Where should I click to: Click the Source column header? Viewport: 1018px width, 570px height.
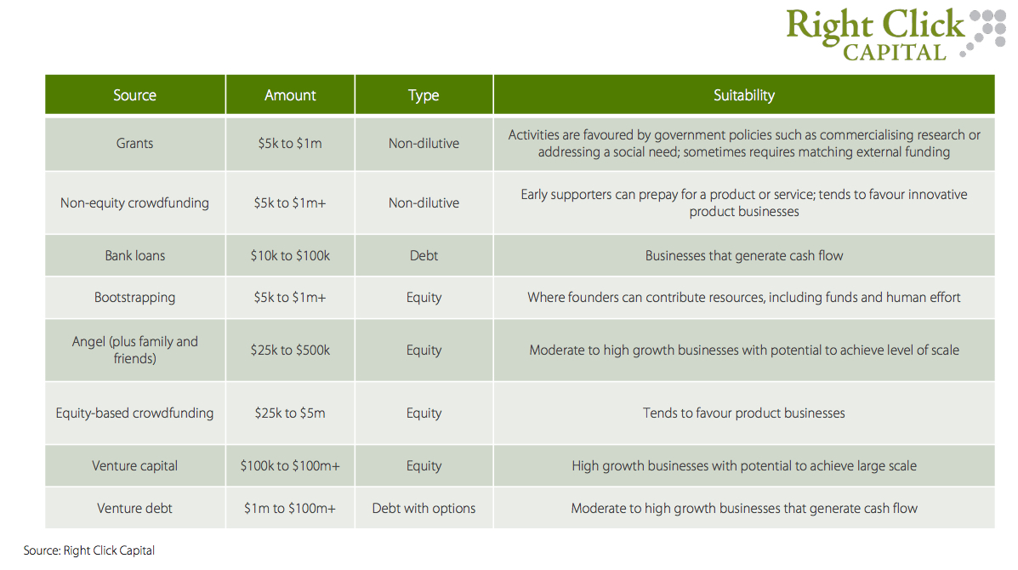click(x=135, y=95)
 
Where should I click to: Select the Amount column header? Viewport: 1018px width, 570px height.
click(x=290, y=95)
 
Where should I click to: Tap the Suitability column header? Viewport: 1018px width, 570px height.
click(x=744, y=95)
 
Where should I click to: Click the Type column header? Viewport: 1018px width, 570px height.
click(x=424, y=95)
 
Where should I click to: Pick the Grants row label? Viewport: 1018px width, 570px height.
click(x=135, y=144)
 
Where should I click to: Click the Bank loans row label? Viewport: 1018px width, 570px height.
click(x=135, y=256)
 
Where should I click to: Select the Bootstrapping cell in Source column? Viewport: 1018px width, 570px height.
click(x=135, y=297)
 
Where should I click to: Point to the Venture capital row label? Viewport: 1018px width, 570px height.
click(x=135, y=466)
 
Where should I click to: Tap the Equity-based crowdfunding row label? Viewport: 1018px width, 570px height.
click(x=135, y=413)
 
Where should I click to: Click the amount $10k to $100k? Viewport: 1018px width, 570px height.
click(x=290, y=256)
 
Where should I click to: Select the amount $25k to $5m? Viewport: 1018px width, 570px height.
click(x=290, y=413)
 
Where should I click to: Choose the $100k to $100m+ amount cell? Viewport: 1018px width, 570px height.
click(x=290, y=466)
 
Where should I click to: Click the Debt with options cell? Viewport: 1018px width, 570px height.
click(x=424, y=509)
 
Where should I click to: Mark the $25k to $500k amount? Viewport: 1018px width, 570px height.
click(x=290, y=350)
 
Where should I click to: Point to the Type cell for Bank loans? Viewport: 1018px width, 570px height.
click(x=424, y=256)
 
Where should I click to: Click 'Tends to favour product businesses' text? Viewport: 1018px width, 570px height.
click(x=744, y=413)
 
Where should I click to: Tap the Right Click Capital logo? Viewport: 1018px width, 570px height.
click(x=896, y=34)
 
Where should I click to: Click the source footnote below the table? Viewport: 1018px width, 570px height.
click(x=89, y=550)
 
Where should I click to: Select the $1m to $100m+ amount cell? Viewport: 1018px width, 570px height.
click(x=290, y=509)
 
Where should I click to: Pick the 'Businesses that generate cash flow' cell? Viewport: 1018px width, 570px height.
click(x=744, y=256)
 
